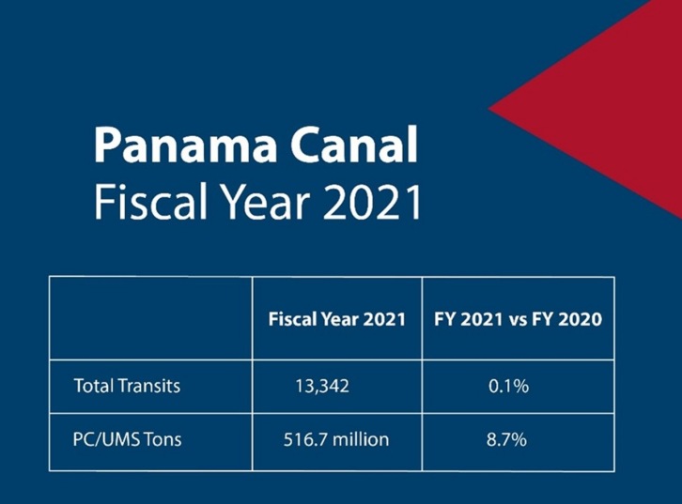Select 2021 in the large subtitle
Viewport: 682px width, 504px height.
[369, 203]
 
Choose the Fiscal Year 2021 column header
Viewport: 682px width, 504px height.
[336, 319]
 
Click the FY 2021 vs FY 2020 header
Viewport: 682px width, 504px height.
[518, 319]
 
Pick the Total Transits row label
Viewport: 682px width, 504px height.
[127, 386]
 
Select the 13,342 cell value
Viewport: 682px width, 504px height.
[322, 386]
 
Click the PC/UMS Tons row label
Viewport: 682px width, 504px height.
[123, 439]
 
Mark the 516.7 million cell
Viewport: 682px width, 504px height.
[335, 439]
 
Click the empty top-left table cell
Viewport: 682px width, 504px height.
[150, 319]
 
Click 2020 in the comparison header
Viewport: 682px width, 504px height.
[581, 319]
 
